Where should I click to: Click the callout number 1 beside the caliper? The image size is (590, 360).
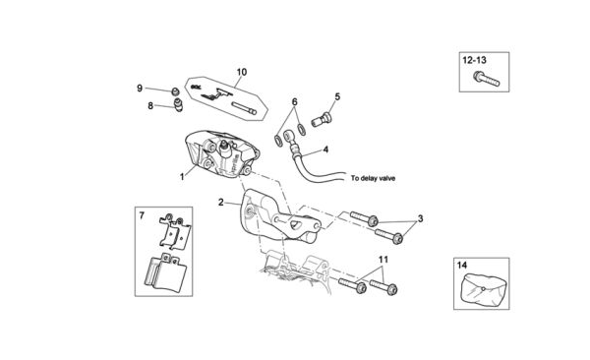(x=183, y=177)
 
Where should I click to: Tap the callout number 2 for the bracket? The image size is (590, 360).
(x=221, y=203)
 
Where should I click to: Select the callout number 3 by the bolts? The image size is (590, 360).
(x=420, y=218)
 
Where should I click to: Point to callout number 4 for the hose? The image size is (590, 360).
(x=325, y=150)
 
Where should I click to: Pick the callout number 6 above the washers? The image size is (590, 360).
(x=295, y=101)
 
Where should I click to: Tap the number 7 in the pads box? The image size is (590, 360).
(x=142, y=215)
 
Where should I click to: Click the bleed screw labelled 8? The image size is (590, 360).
(x=178, y=104)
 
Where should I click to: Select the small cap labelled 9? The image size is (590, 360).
(x=175, y=91)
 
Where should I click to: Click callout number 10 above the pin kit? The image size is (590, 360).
(x=242, y=72)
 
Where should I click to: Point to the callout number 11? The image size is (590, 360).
(x=383, y=260)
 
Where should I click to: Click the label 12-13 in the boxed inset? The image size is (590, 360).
(x=475, y=60)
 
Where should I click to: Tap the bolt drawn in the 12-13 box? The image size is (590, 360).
(x=486, y=79)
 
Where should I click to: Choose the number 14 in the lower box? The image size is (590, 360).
(x=462, y=266)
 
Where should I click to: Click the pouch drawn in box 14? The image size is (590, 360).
(x=482, y=289)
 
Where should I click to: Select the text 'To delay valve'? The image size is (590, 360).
(x=373, y=178)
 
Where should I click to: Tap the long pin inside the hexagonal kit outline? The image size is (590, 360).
(x=244, y=108)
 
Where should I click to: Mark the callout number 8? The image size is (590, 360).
(x=150, y=106)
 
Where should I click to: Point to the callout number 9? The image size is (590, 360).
(x=140, y=89)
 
